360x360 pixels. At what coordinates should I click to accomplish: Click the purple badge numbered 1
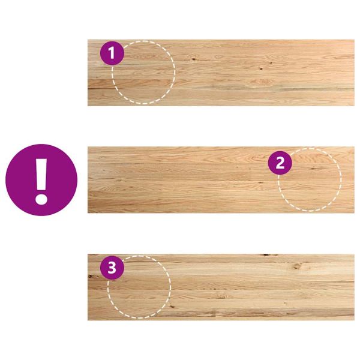(x=112, y=53)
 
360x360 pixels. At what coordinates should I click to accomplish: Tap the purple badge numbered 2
(x=280, y=163)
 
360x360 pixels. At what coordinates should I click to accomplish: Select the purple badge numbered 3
(x=112, y=268)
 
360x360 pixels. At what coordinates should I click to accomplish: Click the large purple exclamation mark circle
(x=41, y=180)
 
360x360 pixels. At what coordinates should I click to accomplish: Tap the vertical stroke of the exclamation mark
(x=41, y=173)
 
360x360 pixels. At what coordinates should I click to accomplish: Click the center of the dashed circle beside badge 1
(x=143, y=73)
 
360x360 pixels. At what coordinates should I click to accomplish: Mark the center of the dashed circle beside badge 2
(x=310, y=179)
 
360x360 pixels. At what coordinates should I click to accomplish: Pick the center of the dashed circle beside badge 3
(x=139, y=287)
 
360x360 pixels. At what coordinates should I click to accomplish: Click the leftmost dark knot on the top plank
(x=194, y=59)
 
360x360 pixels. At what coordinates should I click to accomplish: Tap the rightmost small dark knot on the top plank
(x=271, y=62)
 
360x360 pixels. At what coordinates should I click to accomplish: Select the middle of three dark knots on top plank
(x=261, y=68)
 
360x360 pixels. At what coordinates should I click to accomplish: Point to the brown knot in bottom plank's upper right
(x=296, y=266)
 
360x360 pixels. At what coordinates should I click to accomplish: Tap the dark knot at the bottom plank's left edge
(x=90, y=276)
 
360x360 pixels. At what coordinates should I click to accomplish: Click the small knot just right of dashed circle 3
(x=172, y=306)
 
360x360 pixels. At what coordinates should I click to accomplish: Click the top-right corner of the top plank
(x=354, y=40)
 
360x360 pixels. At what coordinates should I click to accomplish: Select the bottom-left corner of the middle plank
(x=88, y=213)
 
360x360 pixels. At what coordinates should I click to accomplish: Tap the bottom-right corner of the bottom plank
(x=354, y=320)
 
